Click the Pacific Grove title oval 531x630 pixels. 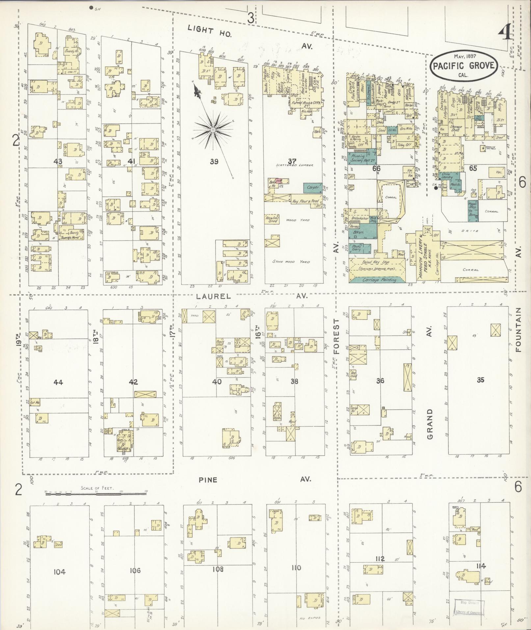pos(463,65)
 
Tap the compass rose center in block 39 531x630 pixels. pos(213,130)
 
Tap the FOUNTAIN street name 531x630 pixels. pos(519,330)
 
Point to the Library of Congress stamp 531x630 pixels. pos(468,608)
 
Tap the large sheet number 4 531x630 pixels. pos(504,33)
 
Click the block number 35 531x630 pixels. pos(480,380)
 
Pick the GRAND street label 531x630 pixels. pos(430,424)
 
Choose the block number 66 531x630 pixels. pos(376,168)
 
